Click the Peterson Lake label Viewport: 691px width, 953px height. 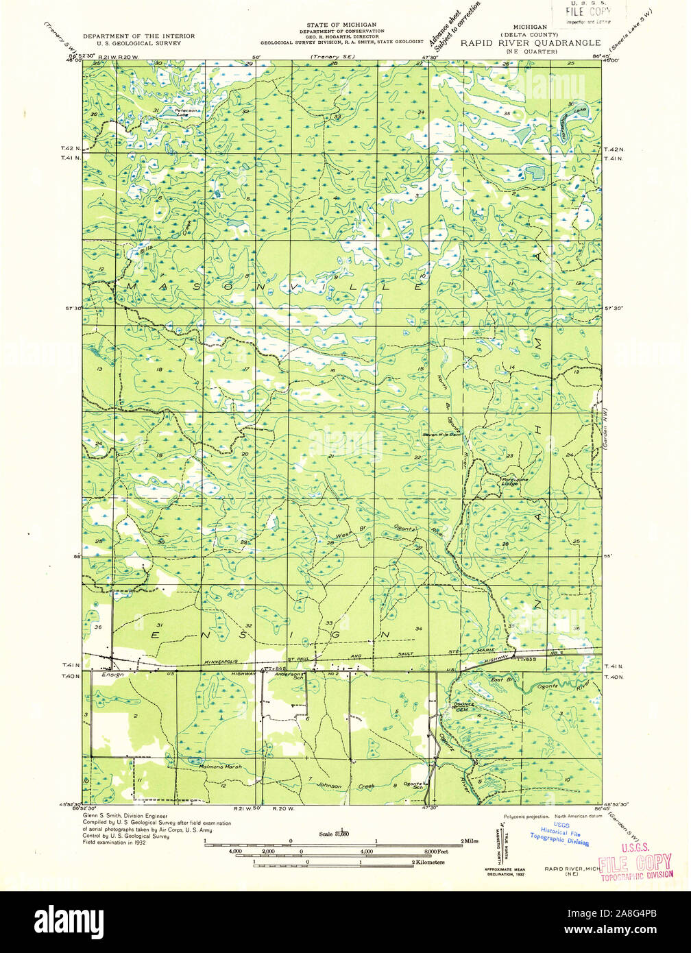click(x=186, y=112)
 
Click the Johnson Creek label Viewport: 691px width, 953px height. click(x=346, y=786)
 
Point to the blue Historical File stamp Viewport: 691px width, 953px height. click(x=559, y=836)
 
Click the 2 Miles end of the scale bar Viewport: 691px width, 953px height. click(x=469, y=841)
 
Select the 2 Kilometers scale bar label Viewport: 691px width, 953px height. click(x=428, y=862)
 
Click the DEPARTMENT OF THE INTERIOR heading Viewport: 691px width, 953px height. click(x=138, y=36)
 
